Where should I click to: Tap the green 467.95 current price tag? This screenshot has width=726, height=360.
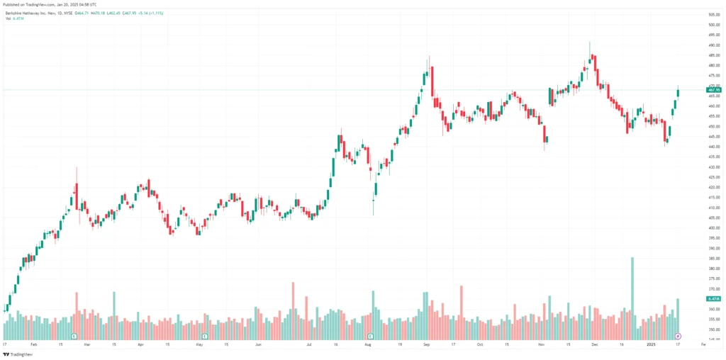coord(713,90)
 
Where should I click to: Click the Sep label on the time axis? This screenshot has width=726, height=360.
coord(426,344)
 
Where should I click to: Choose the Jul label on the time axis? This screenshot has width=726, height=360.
coord(310,344)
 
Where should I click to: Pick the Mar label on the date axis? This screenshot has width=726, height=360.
coord(87,344)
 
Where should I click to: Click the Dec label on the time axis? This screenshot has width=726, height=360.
coord(595,344)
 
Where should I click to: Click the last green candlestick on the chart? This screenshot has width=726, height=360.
coord(678,92)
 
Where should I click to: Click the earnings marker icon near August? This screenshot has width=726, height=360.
coord(369,335)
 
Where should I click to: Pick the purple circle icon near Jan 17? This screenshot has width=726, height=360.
coord(678,335)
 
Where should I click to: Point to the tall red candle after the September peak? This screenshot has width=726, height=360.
coord(431,81)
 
